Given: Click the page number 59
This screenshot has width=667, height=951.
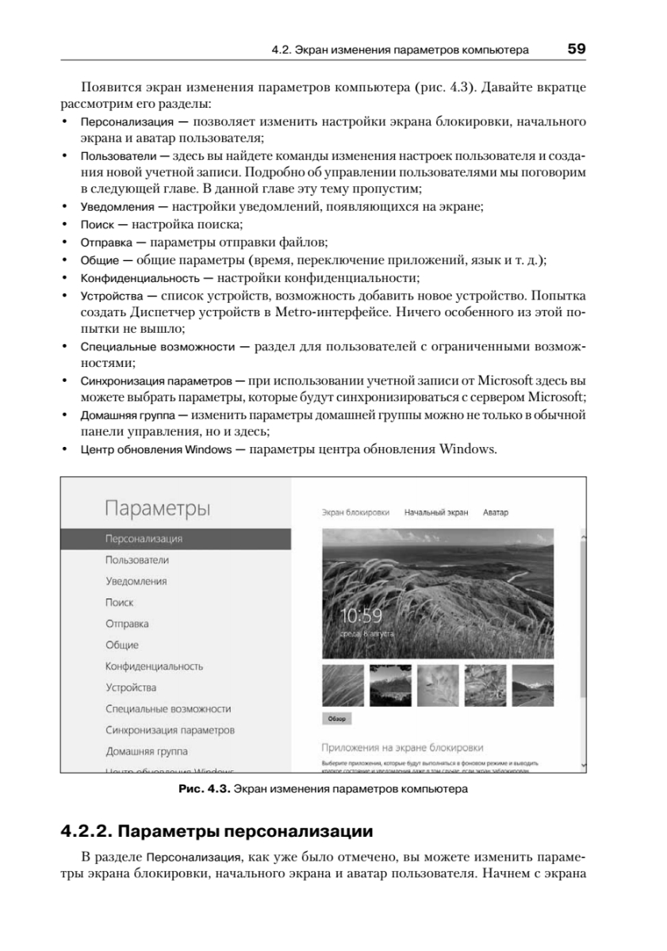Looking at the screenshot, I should [x=576, y=49].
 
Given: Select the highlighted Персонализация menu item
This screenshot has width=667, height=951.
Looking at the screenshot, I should [x=144, y=539].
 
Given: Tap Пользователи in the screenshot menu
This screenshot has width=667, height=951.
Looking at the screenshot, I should [x=136, y=560].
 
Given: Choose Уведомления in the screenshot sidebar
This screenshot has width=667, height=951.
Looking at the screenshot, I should [x=136, y=582].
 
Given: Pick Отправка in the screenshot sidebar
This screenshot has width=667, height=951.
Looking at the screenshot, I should [x=127, y=624].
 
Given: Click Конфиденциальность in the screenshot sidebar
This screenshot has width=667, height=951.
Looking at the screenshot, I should [x=154, y=666].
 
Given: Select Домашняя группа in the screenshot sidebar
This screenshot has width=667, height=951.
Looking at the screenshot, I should [x=147, y=751].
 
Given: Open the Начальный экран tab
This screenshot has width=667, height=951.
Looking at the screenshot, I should [x=436, y=513].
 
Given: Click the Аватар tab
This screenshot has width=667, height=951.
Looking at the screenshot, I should [x=495, y=513].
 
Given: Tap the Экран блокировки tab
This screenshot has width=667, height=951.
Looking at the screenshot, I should [x=355, y=513].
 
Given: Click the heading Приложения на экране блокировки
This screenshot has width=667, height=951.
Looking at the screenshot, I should [x=402, y=747].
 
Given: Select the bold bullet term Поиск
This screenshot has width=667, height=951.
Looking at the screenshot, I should [x=97, y=225].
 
